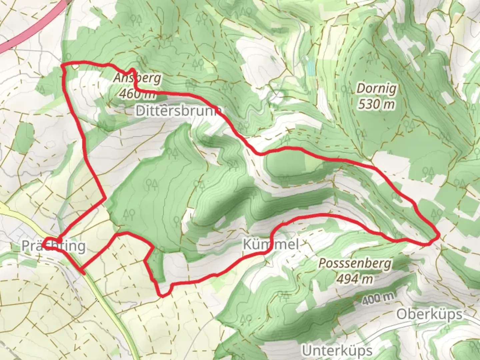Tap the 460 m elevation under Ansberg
pyautogui.click(x=137, y=94)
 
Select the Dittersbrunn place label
pyautogui.click(x=179, y=111)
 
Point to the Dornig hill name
pyautogui.click(x=377, y=89)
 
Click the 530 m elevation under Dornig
pyautogui.click(x=377, y=104)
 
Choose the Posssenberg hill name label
pyautogui.click(x=354, y=263)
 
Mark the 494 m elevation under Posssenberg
pyautogui.click(x=354, y=279)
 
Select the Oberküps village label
pyautogui.click(x=430, y=314)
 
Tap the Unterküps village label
pyautogui.click(x=337, y=350)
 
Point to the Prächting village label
pyautogui.click(x=53, y=246)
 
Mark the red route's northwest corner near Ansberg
pyautogui.click(x=63, y=65)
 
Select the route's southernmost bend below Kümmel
pyautogui.click(x=162, y=295)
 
